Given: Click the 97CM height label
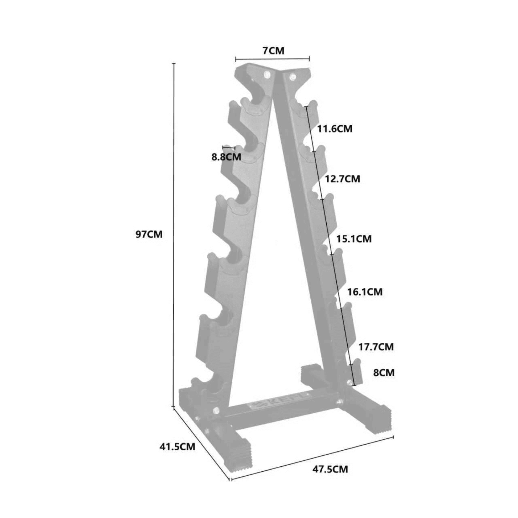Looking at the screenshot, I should pyautogui.click(x=149, y=234).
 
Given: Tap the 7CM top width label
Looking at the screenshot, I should pyautogui.click(x=273, y=51).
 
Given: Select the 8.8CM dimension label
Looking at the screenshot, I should pyautogui.click(x=226, y=157).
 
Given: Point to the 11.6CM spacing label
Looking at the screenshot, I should pyautogui.click(x=335, y=129).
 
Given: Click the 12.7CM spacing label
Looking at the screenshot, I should pyautogui.click(x=343, y=179).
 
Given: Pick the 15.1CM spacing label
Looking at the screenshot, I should pyautogui.click(x=354, y=239).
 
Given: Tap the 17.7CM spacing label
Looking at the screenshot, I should pyautogui.click(x=376, y=347).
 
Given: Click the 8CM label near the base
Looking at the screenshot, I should pyautogui.click(x=384, y=373).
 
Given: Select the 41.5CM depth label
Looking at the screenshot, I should pyautogui.click(x=177, y=447).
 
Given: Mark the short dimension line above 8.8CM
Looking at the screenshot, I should pyautogui.click(x=229, y=147).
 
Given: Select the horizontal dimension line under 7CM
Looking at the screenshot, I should pyautogui.click(x=272, y=59).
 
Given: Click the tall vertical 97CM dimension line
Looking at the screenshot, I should pyautogui.click(x=174, y=239).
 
